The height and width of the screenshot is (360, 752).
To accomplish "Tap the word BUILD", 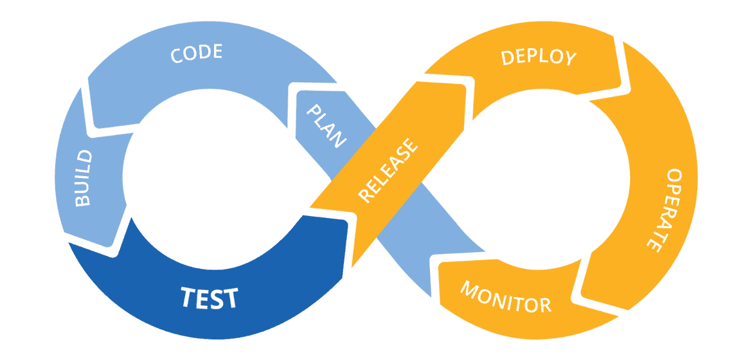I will (84, 179).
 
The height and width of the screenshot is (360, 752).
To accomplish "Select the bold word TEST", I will (209, 298).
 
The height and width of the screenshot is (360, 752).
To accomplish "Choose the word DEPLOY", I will (539, 57).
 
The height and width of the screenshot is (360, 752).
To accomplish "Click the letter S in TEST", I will (217, 298).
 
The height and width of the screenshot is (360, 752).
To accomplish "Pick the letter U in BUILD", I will (84, 188).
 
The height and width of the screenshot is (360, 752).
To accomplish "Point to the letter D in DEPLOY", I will (507, 57).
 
